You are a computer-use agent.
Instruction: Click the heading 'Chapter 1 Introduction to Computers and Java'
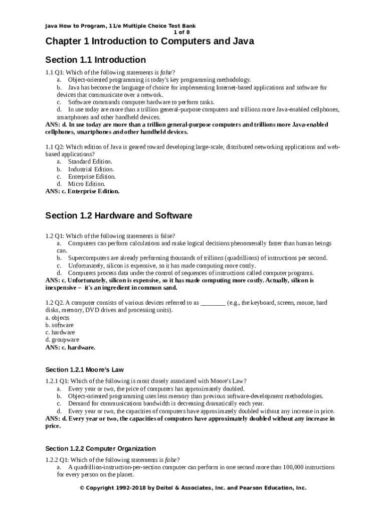pyautogui.click(x=149, y=41)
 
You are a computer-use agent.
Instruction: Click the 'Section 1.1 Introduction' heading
pyautogui.click(x=95, y=60)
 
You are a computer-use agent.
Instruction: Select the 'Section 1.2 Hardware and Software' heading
pyautogui.click(x=118, y=216)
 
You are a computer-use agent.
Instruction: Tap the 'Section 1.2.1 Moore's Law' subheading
pyautogui.click(x=84, y=370)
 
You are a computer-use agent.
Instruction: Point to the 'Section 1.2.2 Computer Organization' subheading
pyautogui.click(x=100, y=448)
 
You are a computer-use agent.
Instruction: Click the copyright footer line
pyautogui.click(x=193, y=487)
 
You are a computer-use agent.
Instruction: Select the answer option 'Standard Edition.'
pyautogui.click(x=90, y=162)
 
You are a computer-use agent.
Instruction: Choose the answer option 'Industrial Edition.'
pyautogui.click(x=91, y=169)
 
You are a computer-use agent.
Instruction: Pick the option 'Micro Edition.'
pyautogui.click(x=86, y=184)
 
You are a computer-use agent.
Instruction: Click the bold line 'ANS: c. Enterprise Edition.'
pyautogui.click(x=82, y=191)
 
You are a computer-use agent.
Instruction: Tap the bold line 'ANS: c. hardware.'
pyautogui.click(x=70, y=347)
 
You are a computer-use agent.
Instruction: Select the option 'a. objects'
pyautogui.click(x=57, y=318)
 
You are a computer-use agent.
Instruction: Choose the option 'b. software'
pyautogui.click(x=59, y=325)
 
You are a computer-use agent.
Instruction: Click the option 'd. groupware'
pyautogui.click(x=62, y=340)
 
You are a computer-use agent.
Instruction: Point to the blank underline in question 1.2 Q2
pyautogui.click(x=213, y=304)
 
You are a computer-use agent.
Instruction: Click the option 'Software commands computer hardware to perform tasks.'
pyautogui.click(x=141, y=102)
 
